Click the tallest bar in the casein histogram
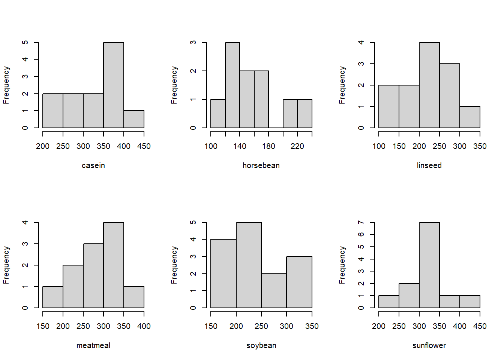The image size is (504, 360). [114, 85]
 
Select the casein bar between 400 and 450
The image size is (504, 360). [134, 119]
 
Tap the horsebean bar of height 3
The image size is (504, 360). [232, 85]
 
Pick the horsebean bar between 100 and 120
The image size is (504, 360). [218, 114]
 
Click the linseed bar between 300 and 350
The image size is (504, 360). [470, 117]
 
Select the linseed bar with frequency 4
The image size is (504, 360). [429, 85]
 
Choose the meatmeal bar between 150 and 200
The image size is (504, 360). [53, 297]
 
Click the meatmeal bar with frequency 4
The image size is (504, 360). [114, 265]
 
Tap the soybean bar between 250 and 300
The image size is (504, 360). [274, 291]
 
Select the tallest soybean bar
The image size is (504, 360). [249, 265]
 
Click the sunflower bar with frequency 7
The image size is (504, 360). [429, 265]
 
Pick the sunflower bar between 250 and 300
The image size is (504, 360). [409, 295]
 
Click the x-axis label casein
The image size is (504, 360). [93, 166]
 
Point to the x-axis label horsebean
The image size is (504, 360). [261, 165]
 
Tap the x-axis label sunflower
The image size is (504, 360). [429, 345]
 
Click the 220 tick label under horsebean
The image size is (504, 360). [297, 146]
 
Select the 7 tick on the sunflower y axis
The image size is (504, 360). [361, 222]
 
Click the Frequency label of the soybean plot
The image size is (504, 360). [174, 265]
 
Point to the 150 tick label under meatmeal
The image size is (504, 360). [43, 326]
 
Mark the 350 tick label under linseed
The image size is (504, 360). [480, 146]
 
